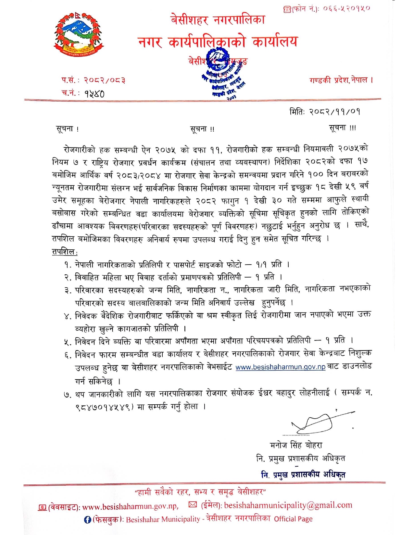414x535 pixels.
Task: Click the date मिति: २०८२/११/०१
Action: tap(324, 112)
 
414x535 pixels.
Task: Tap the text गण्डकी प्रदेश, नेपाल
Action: tap(341, 80)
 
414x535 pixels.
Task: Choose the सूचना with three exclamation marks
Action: tap(342, 128)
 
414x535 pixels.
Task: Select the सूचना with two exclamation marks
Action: tap(202, 129)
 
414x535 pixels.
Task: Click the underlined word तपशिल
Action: tap(64, 252)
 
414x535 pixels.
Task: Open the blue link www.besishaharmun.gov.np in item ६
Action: tap(280, 367)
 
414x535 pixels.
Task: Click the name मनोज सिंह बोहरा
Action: tap(296, 445)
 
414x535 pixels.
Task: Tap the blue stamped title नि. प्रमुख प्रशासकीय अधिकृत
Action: tap(303, 475)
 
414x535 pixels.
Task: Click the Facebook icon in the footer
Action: tap(87, 520)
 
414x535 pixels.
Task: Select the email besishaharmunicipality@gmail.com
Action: tap(288, 505)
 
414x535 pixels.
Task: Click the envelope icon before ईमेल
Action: tap(193, 505)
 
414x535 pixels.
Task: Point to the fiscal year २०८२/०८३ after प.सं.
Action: tap(105, 80)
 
